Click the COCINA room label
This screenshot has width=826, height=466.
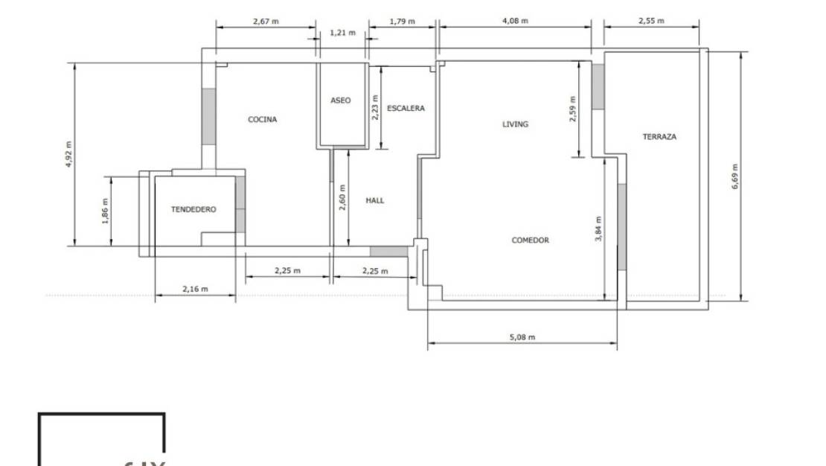[262, 119]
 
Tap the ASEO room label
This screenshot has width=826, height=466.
[340, 100]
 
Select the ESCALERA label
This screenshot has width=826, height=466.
[406, 109]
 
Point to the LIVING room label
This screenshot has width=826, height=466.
[515, 124]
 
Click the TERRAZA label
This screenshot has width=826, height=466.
[659, 137]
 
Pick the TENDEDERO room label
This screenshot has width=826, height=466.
[193, 210]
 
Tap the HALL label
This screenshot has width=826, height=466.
[375, 200]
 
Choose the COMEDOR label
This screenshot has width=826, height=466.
[530, 240]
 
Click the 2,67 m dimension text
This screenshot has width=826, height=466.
[266, 22]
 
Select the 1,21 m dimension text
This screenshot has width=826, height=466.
[342, 33]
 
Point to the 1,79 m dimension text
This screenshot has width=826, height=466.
[402, 22]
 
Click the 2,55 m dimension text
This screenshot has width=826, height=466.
[651, 22]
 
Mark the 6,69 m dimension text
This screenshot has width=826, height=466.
[735, 176]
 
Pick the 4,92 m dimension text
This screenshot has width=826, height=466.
[69, 153]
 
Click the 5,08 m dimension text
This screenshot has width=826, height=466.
[522, 337]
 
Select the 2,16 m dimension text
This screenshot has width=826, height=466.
[195, 289]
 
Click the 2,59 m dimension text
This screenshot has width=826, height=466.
[572, 109]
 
